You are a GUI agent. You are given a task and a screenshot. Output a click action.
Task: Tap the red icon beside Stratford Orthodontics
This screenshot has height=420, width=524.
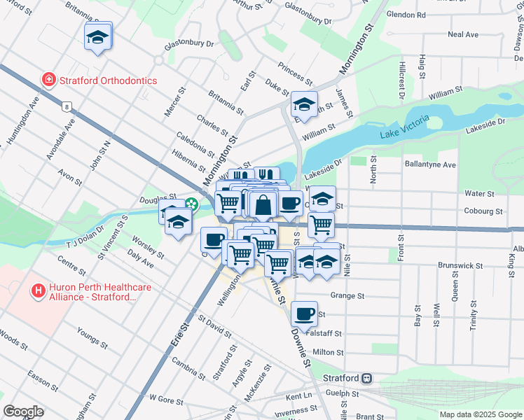click(x=48, y=80)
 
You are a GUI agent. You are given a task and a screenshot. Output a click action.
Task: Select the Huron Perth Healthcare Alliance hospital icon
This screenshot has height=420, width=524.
click(x=39, y=289)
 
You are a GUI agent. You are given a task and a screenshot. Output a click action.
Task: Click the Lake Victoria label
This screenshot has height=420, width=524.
click(x=400, y=134)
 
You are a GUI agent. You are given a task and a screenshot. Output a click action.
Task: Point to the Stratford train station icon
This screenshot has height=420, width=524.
click(x=366, y=378)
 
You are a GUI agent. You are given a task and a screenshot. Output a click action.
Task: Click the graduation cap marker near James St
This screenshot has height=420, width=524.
click(x=303, y=105)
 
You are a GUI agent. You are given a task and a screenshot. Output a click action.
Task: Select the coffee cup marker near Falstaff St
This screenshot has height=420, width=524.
click(x=304, y=314)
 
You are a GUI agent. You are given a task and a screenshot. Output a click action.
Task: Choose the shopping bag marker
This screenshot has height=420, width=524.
click(x=263, y=206)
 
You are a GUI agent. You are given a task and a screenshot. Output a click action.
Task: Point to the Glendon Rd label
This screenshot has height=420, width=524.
click(x=406, y=14)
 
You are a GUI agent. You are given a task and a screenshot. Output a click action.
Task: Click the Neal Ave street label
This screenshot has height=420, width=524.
click(x=462, y=34)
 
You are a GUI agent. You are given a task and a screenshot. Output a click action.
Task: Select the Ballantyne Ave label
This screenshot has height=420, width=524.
click(x=430, y=164)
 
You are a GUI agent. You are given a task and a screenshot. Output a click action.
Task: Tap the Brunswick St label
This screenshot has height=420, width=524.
click(x=460, y=266)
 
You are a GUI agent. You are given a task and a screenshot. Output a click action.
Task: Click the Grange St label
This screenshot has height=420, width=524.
click(x=348, y=296)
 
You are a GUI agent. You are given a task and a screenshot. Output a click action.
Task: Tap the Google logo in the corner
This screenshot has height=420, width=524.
click(x=23, y=412)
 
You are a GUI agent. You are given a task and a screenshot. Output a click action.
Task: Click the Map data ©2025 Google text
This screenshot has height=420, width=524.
click(x=481, y=414)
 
